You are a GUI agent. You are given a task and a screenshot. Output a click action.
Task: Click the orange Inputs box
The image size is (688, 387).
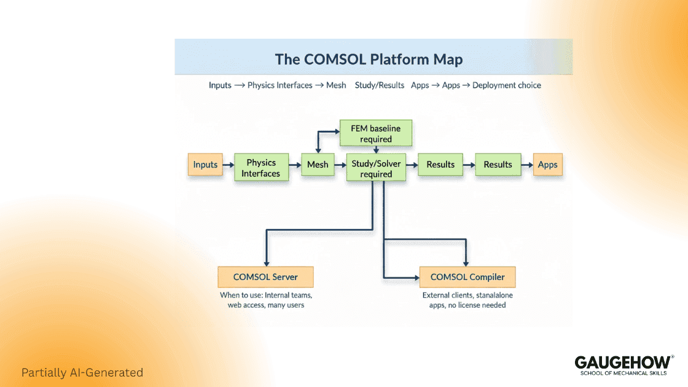(205, 165)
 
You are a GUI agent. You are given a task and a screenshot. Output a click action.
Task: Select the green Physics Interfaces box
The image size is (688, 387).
(260, 168)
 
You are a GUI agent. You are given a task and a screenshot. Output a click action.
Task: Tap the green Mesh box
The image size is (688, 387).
(318, 165)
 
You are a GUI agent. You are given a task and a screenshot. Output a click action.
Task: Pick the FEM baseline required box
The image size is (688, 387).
(376, 133)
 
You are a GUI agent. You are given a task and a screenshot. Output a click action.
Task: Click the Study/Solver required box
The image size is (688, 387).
(376, 168)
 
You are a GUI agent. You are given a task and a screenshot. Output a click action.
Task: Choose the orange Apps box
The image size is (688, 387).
(547, 165)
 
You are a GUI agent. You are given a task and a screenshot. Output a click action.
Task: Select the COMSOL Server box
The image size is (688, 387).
(265, 277)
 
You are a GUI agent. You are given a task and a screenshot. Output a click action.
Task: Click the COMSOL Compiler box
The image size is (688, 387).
(467, 277)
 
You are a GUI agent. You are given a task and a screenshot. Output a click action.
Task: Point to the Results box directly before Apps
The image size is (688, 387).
(498, 165)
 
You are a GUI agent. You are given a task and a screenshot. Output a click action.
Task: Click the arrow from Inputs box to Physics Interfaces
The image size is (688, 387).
(229, 165)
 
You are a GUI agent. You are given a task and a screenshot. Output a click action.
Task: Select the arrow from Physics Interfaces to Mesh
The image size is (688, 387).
(294, 165)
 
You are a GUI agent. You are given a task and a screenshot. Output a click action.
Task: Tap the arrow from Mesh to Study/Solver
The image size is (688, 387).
(340, 165)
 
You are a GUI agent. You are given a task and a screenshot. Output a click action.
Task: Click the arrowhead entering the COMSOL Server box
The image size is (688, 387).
(265, 262)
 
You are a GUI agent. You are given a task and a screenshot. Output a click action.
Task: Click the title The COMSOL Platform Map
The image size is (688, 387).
(369, 60)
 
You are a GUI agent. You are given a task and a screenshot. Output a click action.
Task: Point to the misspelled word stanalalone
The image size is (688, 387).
(490, 295)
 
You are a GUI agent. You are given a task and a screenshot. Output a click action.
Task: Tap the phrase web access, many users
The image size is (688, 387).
(265, 305)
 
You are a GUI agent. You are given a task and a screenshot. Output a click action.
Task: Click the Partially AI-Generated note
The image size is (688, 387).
(82, 372)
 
